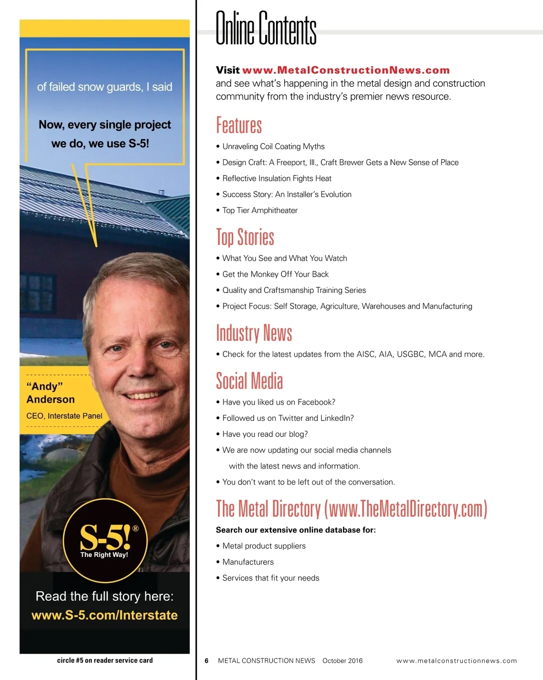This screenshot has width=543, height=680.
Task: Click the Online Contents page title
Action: (x=266, y=28)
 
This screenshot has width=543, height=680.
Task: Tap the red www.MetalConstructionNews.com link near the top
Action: (x=346, y=70)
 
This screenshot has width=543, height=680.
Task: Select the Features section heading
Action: (x=239, y=125)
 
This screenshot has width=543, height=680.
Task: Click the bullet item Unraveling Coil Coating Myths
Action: (x=273, y=146)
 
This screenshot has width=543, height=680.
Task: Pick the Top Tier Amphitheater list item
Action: (x=260, y=210)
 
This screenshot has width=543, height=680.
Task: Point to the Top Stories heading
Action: (x=245, y=237)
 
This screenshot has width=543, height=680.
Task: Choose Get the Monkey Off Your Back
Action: (x=275, y=274)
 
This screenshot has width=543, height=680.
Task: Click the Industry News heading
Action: (x=254, y=333)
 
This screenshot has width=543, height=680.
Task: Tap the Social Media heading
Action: (x=249, y=381)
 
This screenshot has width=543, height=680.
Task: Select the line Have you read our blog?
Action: (x=265, y=434)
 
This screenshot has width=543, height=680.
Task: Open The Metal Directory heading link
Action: (x=351, y=509)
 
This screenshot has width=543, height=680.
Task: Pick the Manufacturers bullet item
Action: (x=248, y=562)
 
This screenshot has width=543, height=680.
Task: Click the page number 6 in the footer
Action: (x=206, y=661)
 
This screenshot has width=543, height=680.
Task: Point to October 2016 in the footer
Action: (x=343, y=661)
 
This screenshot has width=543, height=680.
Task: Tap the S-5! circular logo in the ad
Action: (x=105, y=540)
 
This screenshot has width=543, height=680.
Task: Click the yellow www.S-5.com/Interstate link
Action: (x=105, y=615)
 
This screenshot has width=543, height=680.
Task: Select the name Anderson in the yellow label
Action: (x=51, y=399)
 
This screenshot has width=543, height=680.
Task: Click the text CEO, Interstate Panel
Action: (x=64, y=416)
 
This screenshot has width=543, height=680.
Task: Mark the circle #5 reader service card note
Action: (x=105, y=660)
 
